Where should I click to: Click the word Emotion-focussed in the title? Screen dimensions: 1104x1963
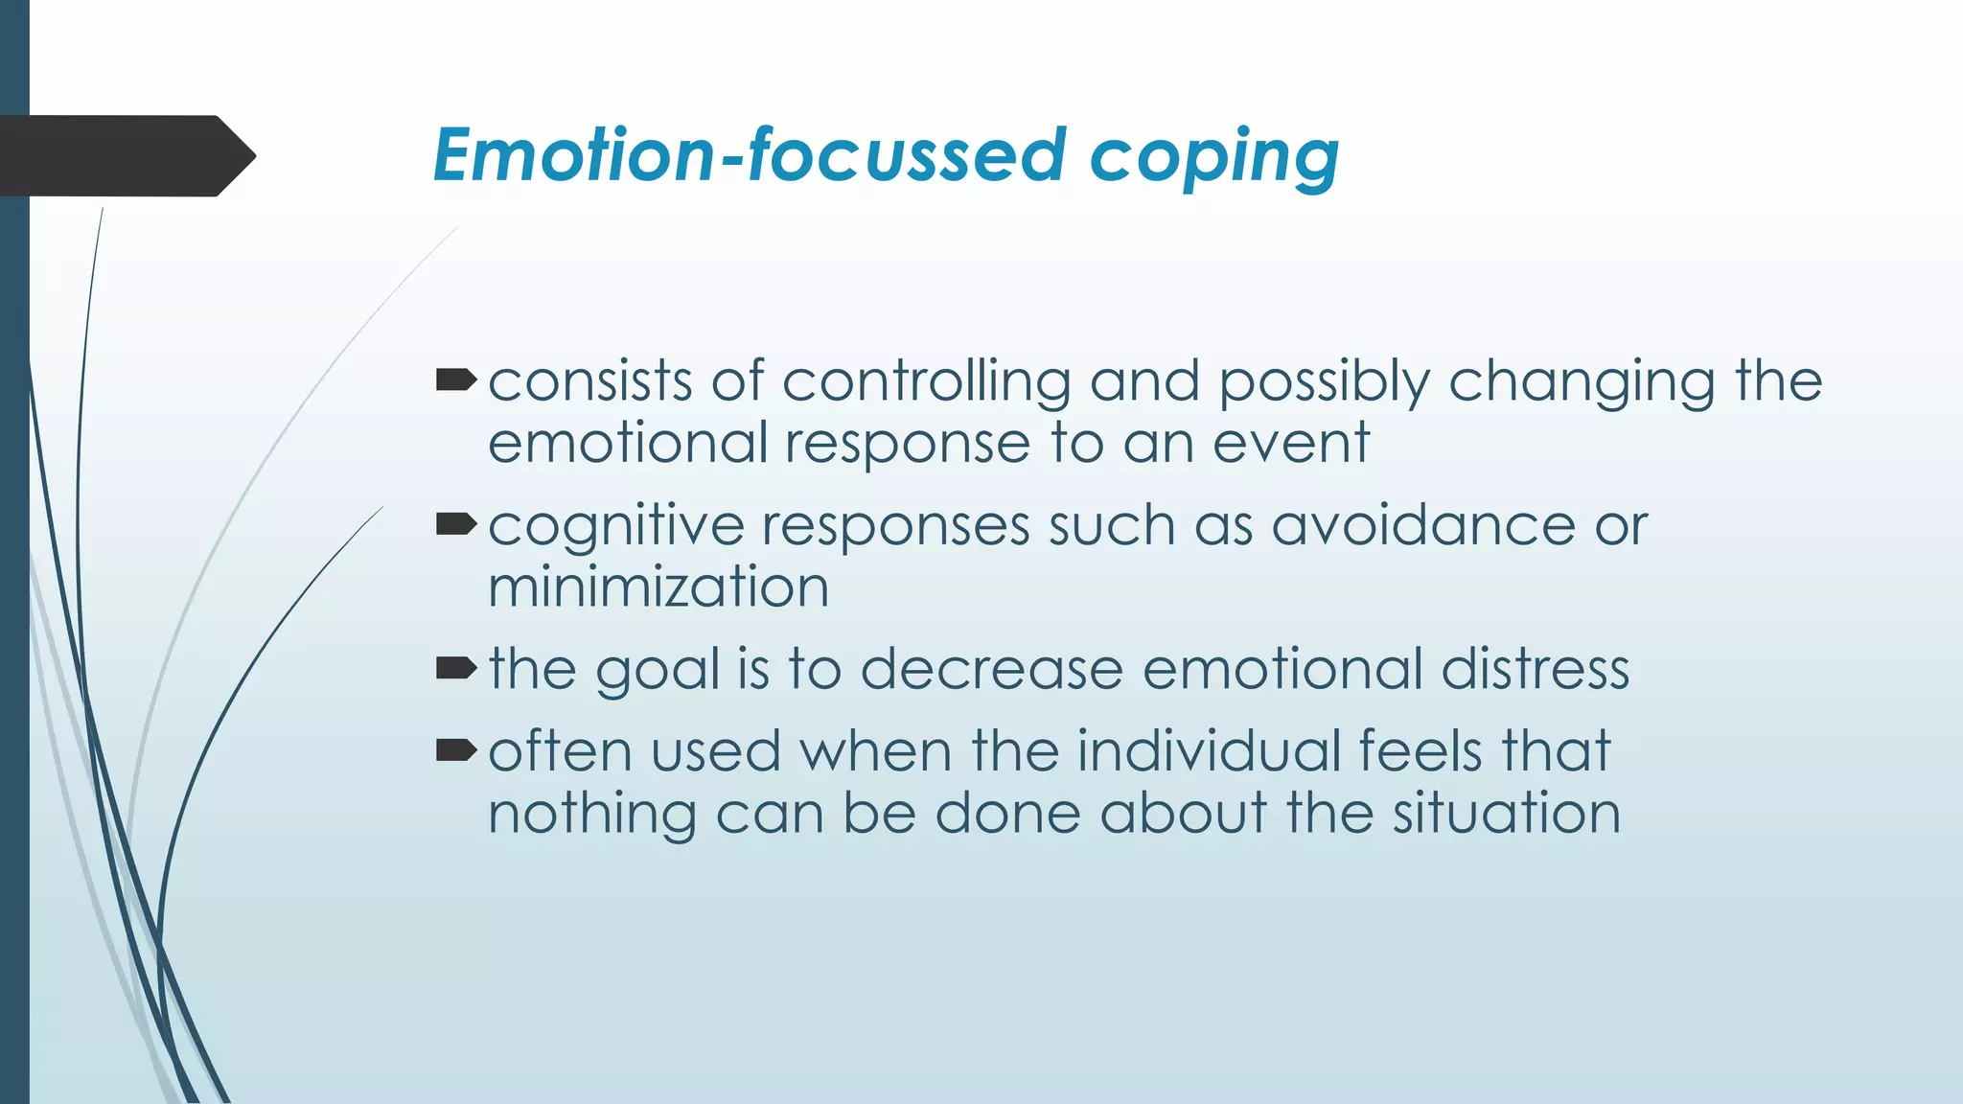point(748,155)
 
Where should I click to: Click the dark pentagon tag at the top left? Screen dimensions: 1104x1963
point(125,156)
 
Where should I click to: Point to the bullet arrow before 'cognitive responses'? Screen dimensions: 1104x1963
point(456,524)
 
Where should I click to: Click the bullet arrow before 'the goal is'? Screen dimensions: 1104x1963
point(456,668)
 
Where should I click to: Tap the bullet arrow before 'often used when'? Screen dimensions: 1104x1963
point(456,749)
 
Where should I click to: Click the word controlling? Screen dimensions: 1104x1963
point(926,382)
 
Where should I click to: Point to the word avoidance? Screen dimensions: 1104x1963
point(1423,526)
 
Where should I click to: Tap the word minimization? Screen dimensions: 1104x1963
point(658,587)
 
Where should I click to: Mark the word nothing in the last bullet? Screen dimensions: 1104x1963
point(592,815)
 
